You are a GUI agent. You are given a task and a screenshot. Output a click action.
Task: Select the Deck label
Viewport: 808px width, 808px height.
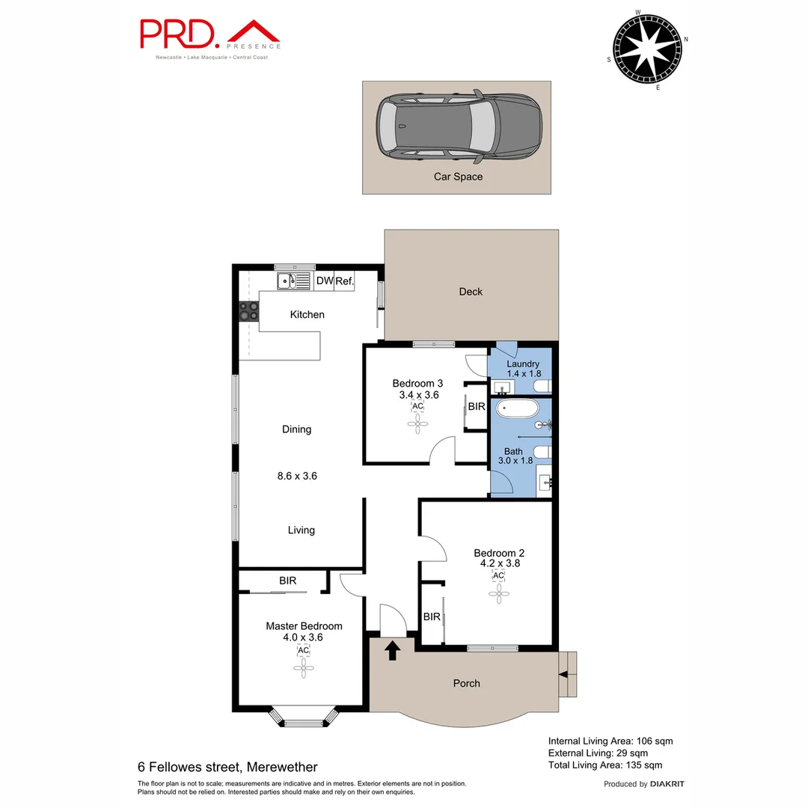pos(471,292)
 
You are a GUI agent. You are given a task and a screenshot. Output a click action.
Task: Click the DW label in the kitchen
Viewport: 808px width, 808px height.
pos(324,281)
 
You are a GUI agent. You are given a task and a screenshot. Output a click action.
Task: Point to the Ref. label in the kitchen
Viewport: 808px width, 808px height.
pos(344,281)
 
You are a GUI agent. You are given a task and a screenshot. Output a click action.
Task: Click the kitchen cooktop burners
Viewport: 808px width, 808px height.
pos(248,310)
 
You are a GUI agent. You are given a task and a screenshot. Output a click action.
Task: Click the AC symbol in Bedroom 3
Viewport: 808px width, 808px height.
pos(417,406)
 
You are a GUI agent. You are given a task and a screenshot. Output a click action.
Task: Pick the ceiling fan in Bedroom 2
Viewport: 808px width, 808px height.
pos(499,593)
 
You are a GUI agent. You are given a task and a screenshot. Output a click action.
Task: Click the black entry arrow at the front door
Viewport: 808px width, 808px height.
pos(392,650)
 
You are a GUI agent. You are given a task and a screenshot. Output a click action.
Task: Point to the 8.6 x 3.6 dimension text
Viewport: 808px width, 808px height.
pos(296,475)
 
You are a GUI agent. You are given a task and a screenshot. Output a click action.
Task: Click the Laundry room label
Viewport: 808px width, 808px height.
pos(523,364)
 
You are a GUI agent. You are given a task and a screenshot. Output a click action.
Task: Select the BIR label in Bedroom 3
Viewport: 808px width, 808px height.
pos(477,407)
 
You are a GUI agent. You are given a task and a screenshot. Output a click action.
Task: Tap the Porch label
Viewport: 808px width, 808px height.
pos(467,683)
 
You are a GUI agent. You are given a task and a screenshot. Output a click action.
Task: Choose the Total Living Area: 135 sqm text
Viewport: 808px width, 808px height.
pos(605,765)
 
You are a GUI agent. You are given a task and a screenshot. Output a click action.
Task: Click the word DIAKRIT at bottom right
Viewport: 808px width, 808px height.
pos(667,784)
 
